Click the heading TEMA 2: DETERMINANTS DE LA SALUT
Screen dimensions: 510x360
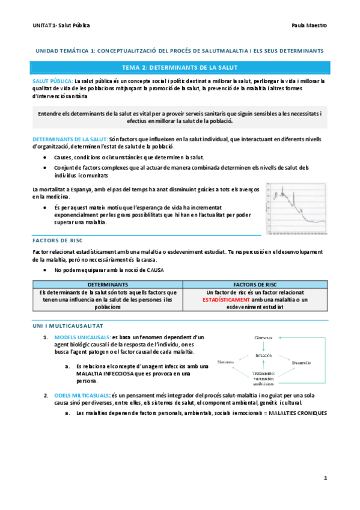tap(180, 68)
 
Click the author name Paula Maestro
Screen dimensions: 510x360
tap(308, 26)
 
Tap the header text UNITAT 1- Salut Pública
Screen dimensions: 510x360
tap(62, 26)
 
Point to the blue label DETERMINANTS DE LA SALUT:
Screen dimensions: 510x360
tap(70, 138)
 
